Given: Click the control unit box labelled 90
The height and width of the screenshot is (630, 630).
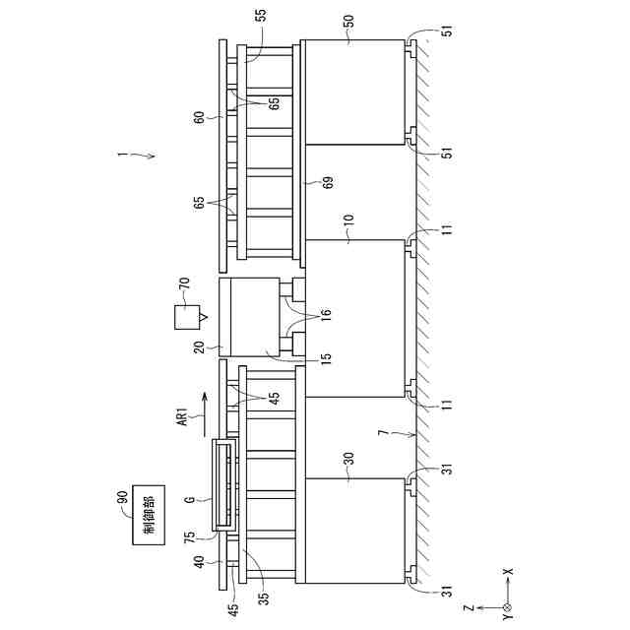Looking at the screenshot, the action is tap(149, 515).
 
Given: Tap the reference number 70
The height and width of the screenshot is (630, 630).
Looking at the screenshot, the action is tap(184, 284).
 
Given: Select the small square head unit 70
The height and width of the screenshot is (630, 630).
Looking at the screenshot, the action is tap(187, 317).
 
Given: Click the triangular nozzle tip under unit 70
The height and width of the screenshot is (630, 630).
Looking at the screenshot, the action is tap(204, 318).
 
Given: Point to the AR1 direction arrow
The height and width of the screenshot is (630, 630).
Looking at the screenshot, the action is tap(204, 414).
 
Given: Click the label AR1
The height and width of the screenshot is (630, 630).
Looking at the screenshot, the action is tap(182, 416).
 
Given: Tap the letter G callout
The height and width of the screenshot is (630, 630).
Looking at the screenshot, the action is tap(190, 500).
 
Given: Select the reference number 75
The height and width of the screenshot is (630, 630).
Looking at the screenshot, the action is tap(189, 537).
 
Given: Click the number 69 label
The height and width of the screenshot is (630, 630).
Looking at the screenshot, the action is tap(328, 182).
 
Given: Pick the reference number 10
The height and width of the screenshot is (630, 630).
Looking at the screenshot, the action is tap(348, 220).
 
